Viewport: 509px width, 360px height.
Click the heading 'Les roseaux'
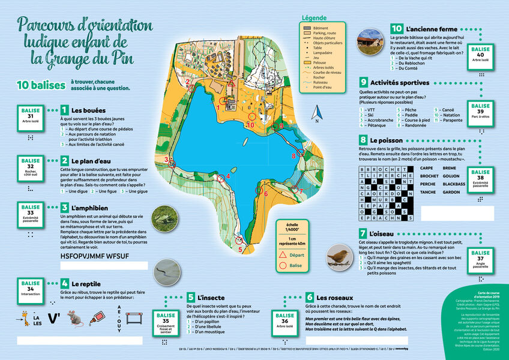(x=336, y=297)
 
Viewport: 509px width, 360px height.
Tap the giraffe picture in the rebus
(x=25, y=317)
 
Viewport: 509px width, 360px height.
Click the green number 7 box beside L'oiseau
(x=364, y=233)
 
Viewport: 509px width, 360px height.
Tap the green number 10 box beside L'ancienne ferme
(x=397, y=28)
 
